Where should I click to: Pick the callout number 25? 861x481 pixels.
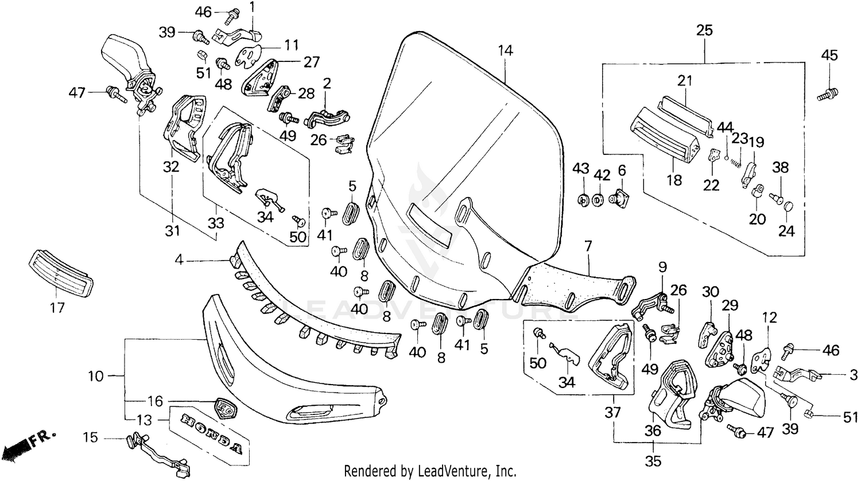coord(704,30)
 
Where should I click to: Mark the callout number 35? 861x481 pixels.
coord(654,461)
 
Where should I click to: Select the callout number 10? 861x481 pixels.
coord(96,377)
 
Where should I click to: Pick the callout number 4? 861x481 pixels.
coord(179,261)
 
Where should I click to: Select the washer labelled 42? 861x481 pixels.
coord(598,200)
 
